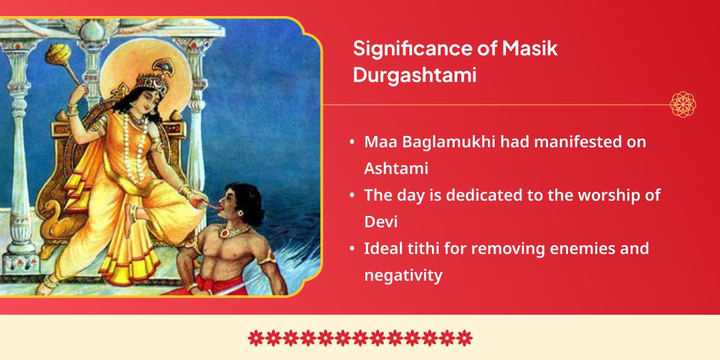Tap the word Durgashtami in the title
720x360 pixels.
415,75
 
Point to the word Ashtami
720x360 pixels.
396,169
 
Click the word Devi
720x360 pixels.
381,222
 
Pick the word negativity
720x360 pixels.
403,275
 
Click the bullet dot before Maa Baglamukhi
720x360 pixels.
351,143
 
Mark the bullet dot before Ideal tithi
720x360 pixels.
351,249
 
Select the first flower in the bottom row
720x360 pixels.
256,338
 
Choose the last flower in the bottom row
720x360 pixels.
465,338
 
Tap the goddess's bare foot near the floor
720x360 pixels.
47,285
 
